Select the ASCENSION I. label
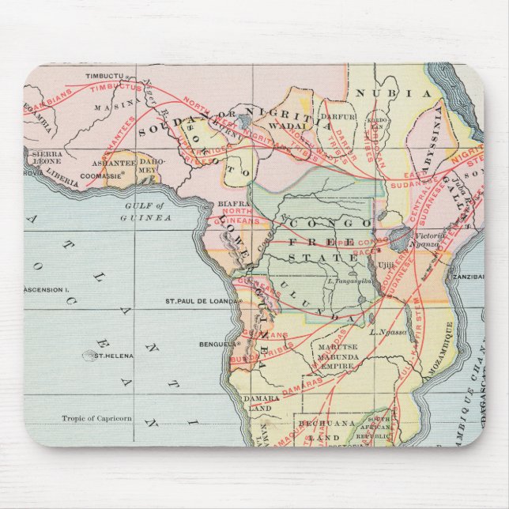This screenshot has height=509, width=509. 48,289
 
